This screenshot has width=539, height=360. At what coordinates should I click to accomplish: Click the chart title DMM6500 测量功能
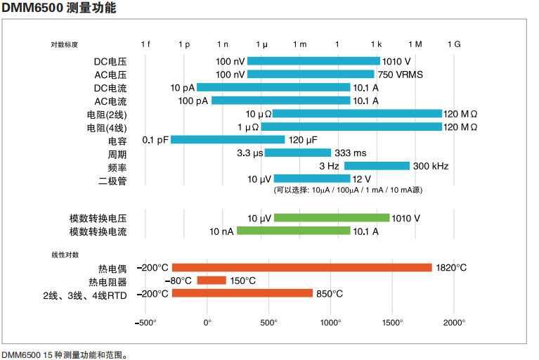pos(59,8)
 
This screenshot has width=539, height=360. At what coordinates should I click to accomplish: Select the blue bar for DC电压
pos(313,61)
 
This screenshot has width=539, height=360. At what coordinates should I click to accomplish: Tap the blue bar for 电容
pos(228,139)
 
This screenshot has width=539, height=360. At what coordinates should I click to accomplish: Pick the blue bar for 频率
pos(377,166)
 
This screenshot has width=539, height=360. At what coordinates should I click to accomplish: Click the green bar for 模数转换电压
pos(332,218)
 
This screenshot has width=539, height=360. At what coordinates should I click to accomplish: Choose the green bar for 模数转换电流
pos(293,231)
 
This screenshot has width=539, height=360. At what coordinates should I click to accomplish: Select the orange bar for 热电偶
pos(302,267)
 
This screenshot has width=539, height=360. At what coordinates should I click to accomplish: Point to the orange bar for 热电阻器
pos(212,281)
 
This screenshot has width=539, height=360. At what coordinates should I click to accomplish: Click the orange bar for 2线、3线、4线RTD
pos(242,293)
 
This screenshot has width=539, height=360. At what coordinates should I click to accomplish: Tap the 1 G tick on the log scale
pos(454,44)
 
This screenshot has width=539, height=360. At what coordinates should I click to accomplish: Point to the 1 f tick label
pos(145,44)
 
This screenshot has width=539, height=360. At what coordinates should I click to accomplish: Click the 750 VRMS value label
pos(400,75)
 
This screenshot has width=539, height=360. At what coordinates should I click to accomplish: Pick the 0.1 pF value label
pos(155,140)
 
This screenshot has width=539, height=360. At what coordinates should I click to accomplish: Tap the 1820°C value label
pos(451,268)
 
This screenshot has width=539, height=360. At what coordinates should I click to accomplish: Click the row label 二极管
pos(112,179)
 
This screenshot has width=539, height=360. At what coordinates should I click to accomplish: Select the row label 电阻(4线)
pos(107,127)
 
